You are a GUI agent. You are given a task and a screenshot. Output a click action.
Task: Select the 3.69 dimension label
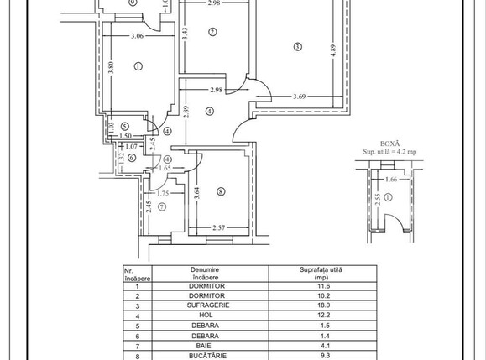click(300, 97)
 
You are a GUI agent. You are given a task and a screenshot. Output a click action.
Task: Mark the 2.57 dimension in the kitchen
click(221, 227)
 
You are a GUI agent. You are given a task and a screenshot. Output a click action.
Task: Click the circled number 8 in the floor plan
click(221, 193)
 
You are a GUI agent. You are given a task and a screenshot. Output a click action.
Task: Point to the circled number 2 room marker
click(213, 33)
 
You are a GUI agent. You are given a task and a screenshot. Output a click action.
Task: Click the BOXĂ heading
click(390, 143)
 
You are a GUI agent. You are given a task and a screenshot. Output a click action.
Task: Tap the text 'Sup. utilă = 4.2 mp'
click(390, 152)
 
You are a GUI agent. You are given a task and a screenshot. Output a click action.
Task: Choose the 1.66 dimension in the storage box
click(390, 178)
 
